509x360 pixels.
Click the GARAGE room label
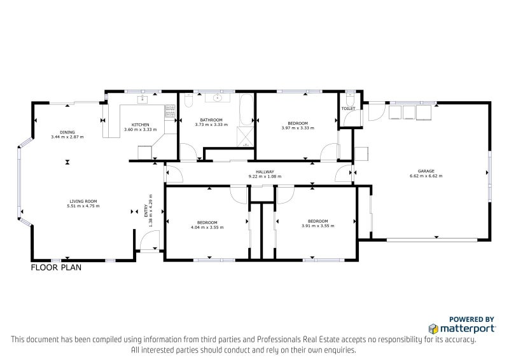[426, 171]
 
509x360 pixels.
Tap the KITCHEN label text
[140, 125]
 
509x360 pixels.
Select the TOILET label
[348, 108]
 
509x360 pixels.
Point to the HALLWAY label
[265, 172]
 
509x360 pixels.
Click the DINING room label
[67, 132]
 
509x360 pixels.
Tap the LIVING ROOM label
[83, 201]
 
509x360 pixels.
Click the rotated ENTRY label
[146, 210]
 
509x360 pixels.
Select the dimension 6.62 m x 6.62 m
[426, 176]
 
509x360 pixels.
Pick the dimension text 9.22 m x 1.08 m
[265, 177]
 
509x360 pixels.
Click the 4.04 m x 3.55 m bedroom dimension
[207, 227]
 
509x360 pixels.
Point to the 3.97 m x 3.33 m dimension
[298, 128]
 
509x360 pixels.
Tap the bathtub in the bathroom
[246, 110]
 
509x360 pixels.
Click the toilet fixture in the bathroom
[188, 100]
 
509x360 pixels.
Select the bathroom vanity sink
[218, 97]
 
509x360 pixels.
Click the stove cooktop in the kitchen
[170, 111]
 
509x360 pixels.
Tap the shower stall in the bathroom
[246, 137]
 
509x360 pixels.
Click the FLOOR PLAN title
[56, 268]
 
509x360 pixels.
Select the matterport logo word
[467, 328]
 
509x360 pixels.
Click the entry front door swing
[150, 240]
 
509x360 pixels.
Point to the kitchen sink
[142, 99]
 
